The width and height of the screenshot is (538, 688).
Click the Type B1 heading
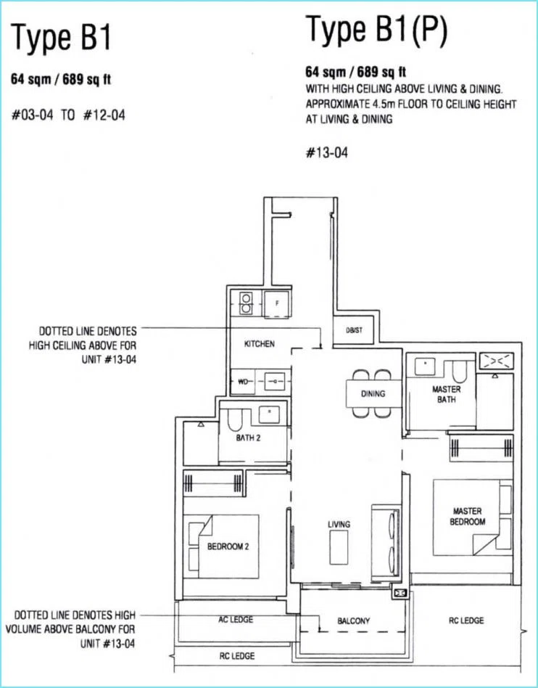click(x=62, y=37)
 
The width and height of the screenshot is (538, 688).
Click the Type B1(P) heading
click(x=376, y=29)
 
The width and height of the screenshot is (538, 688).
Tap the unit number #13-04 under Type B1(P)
click(x=327, y=152)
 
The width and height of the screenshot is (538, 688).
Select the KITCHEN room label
click(x=260, y=344)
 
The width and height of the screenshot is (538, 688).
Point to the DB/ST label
click(x=355, y=330)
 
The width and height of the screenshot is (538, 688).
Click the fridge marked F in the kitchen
click(x=276, y=304)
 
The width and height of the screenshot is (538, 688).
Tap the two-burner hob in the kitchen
click(x=246, y=303)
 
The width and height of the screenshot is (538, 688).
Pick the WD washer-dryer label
click(x=242, y=382)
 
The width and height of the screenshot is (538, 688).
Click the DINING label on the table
click(x=373, y=393)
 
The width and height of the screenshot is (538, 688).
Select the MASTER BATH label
click(x=447, y=395)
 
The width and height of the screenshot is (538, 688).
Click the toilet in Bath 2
click(x=235, y=420)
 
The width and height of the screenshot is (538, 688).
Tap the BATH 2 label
click(x=248, y=438)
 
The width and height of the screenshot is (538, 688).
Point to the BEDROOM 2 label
click(x=228, y=546)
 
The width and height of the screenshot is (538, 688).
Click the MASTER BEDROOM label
click(x=468, y=517)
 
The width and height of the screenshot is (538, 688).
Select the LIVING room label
click(x=339, y=524)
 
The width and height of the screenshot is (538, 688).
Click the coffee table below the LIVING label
click(x=339, y=547)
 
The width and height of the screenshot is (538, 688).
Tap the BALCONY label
click(x=353, y=621)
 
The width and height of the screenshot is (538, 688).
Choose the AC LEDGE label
click(x=236, y=619)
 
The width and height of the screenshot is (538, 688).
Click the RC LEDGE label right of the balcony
click(x=466, y=621)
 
